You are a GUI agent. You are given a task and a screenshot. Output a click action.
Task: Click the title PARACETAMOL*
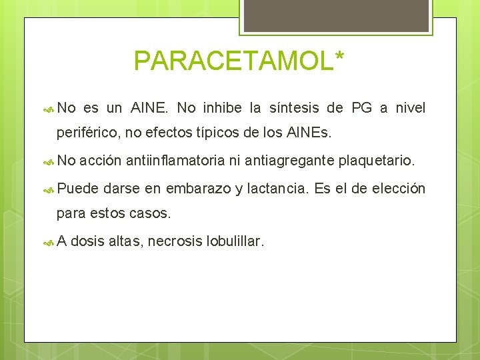[239, 61]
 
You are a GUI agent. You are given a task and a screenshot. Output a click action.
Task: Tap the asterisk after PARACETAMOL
[339, 55]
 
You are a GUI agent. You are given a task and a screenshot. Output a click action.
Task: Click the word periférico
[87, 133]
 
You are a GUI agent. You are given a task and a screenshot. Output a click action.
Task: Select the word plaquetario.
[376, 161]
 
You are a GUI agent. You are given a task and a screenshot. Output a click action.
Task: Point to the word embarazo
[198, 189]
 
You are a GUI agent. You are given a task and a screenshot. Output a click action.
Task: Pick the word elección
[398, 189]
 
